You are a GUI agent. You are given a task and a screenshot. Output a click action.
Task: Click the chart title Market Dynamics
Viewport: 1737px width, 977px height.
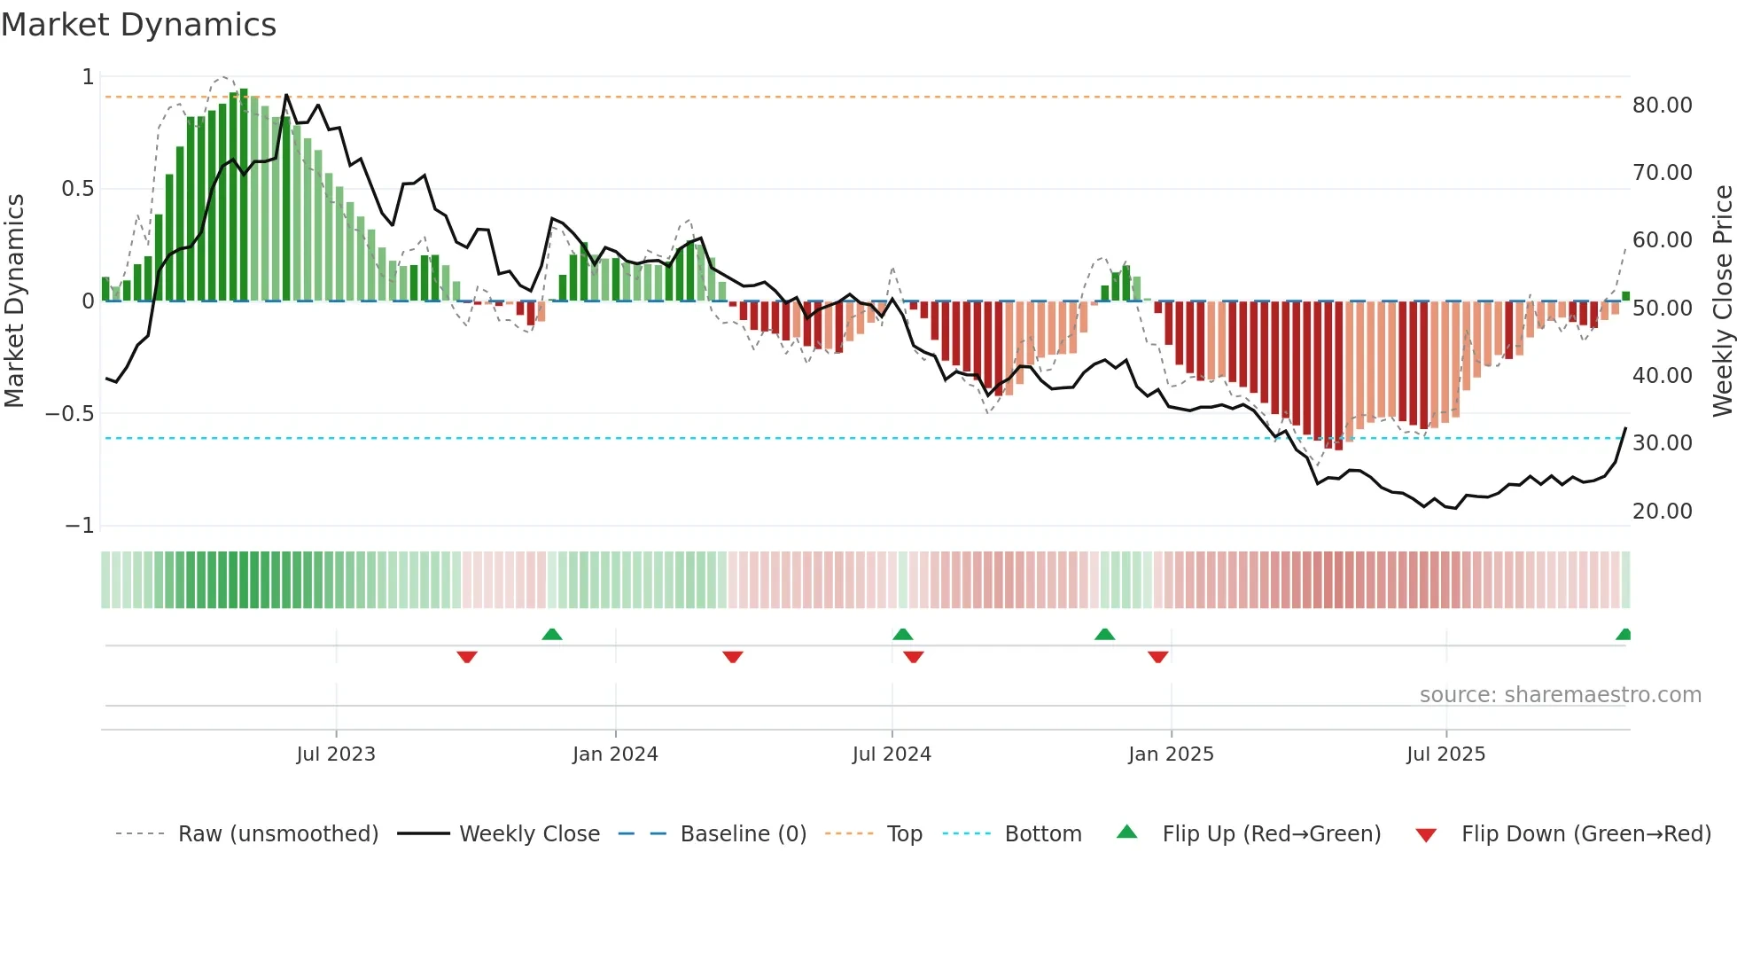(x=139, y=25)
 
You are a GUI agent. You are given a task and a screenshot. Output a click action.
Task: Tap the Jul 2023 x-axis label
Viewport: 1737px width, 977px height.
(x=336, y=754)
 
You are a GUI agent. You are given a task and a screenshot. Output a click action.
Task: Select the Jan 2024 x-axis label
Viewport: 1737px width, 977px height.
(x=615, y=754)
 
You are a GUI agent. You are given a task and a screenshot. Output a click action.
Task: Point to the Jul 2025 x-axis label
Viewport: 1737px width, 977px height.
(x=1445, y=754)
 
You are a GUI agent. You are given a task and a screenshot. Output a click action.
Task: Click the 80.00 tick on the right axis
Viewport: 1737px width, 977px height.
(x=1662, y=105)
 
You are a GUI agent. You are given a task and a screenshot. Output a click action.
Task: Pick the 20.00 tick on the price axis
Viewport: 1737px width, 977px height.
(x=1662, y=511)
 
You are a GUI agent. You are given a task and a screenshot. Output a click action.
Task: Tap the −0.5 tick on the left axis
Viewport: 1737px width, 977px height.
(x=70, y=413)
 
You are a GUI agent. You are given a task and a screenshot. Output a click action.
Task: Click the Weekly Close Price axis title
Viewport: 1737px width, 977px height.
(x=1722, y=301)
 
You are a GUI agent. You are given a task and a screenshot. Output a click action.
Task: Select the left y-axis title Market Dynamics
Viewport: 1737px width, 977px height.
(x=14, y=301)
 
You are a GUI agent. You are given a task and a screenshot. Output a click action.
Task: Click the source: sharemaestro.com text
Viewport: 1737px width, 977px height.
(x=1560, y=695)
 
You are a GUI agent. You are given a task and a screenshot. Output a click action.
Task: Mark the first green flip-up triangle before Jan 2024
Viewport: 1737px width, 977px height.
(x=552, y=634)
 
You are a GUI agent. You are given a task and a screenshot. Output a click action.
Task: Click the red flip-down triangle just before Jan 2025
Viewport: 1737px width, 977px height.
(x=1157, y=657)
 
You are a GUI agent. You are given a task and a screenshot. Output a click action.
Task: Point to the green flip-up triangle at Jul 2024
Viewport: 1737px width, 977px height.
(x=902, y=634)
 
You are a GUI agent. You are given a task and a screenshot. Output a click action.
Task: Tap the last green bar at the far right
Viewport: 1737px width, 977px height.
(x=1625, y=296)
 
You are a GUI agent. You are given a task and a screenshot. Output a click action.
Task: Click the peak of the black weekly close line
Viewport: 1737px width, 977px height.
(x=286, y=95)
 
